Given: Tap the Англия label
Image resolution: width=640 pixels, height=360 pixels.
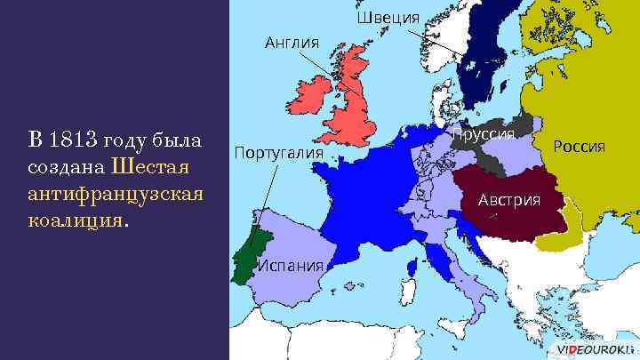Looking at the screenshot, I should pos(291,40).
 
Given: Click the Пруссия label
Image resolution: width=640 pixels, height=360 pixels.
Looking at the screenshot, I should pos(484,134).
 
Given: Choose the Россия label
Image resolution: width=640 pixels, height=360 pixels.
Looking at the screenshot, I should pos(579,145).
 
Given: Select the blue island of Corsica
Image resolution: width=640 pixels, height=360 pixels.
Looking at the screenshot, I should pos(412,267).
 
